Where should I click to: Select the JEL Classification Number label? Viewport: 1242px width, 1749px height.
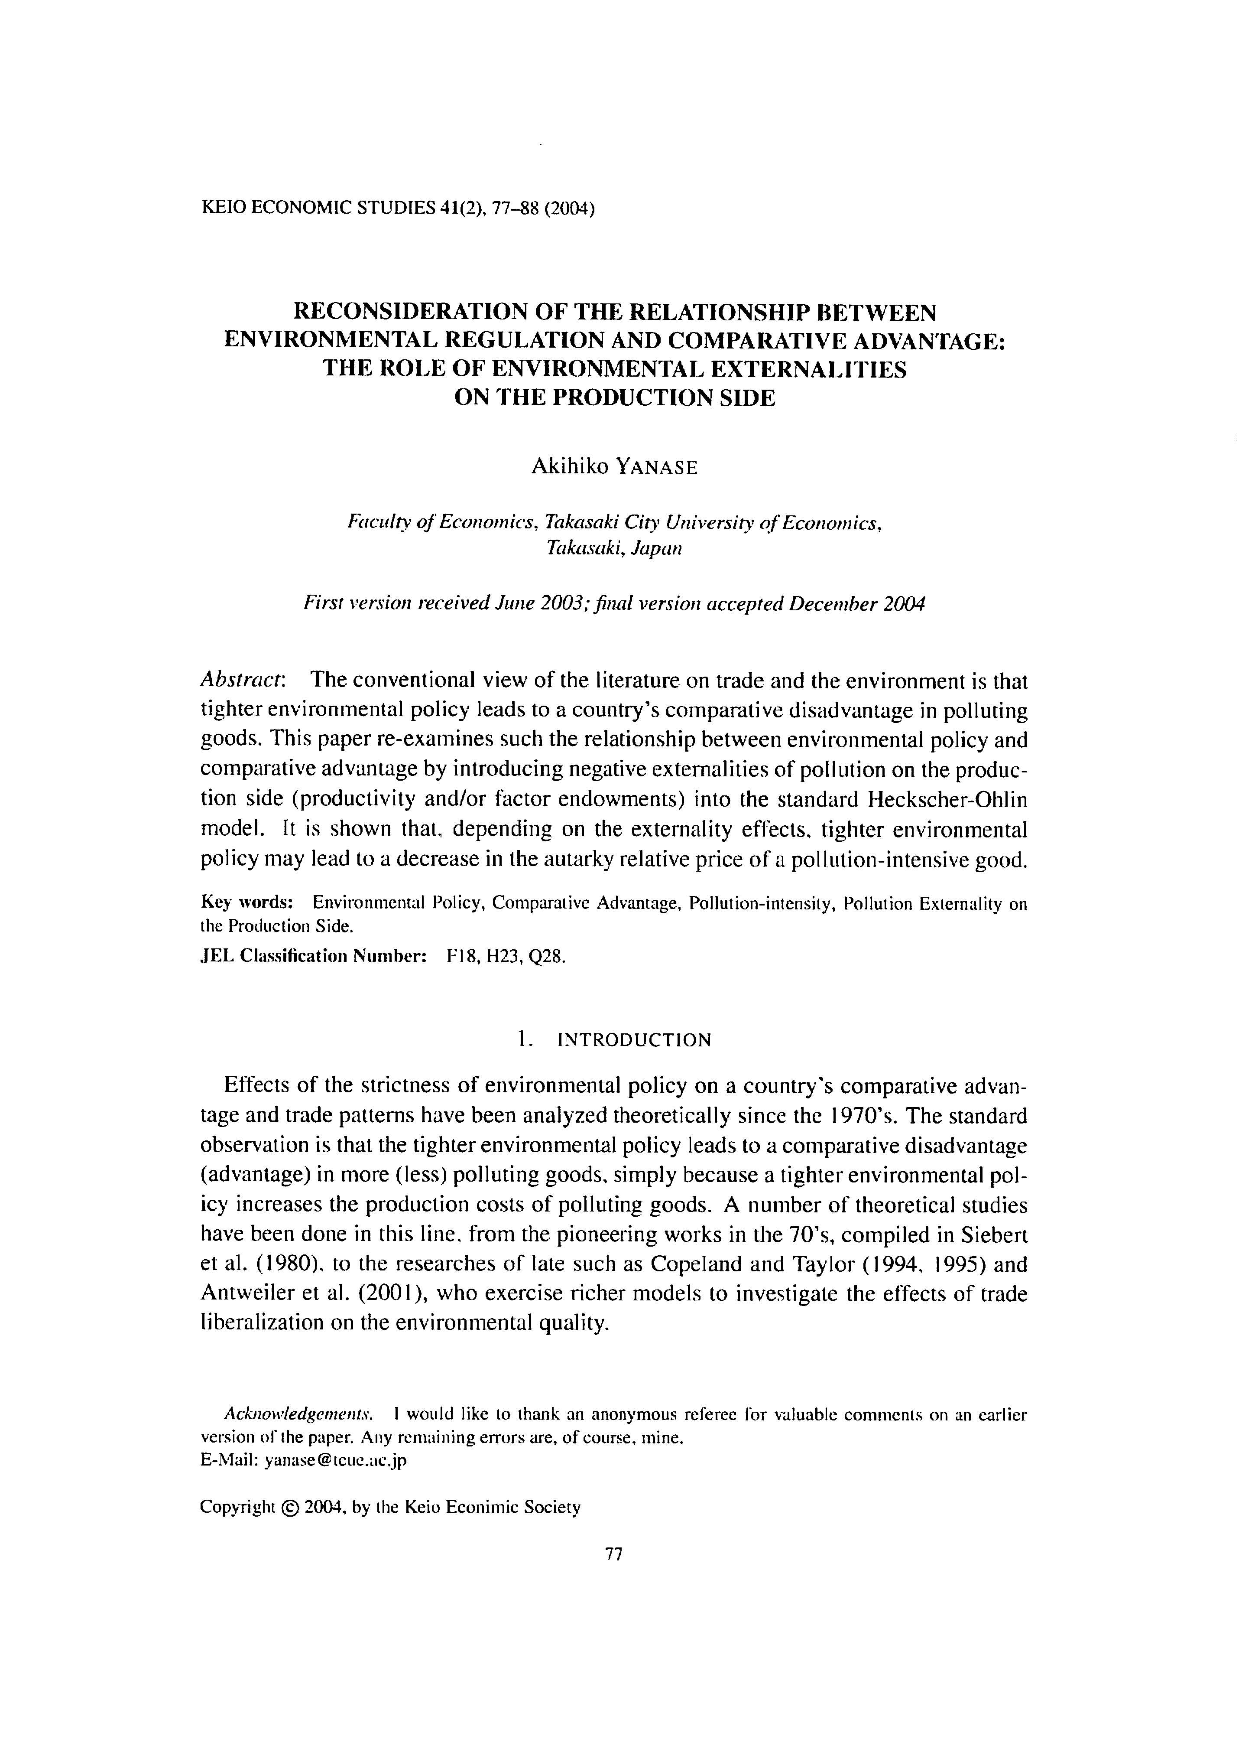coord(313,957)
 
